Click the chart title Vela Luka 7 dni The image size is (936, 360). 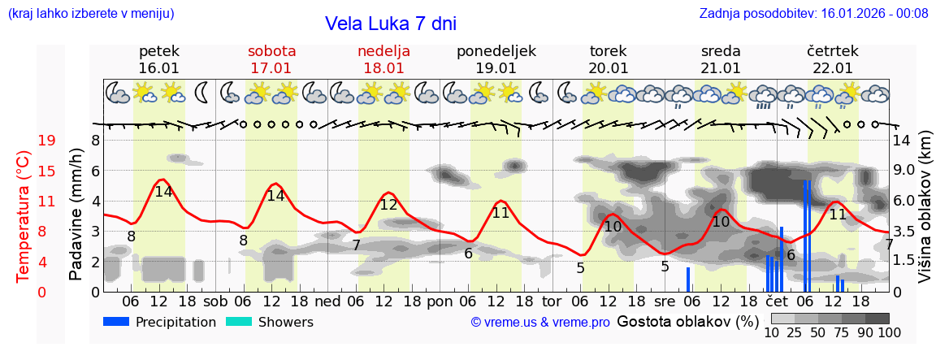tap(390, 24)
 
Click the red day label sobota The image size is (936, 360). tap(271, 51)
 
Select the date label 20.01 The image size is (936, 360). tap(609, 68)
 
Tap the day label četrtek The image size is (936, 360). tap(832, 51)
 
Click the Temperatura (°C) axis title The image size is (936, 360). tap(24, 216)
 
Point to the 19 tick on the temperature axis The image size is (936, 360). tap(46, 141)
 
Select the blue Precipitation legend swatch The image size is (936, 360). tap(116, 322)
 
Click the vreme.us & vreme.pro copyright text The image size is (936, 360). tap(539, 323)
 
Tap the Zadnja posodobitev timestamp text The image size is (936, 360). tap(813, 13)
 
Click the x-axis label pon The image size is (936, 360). tap(439, 301)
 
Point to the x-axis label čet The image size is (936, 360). tap(776, 301)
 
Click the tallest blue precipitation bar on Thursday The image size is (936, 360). tap(806, 235)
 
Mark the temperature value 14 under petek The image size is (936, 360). tap(163, 192)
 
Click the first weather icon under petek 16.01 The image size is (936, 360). tap(118, 93)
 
